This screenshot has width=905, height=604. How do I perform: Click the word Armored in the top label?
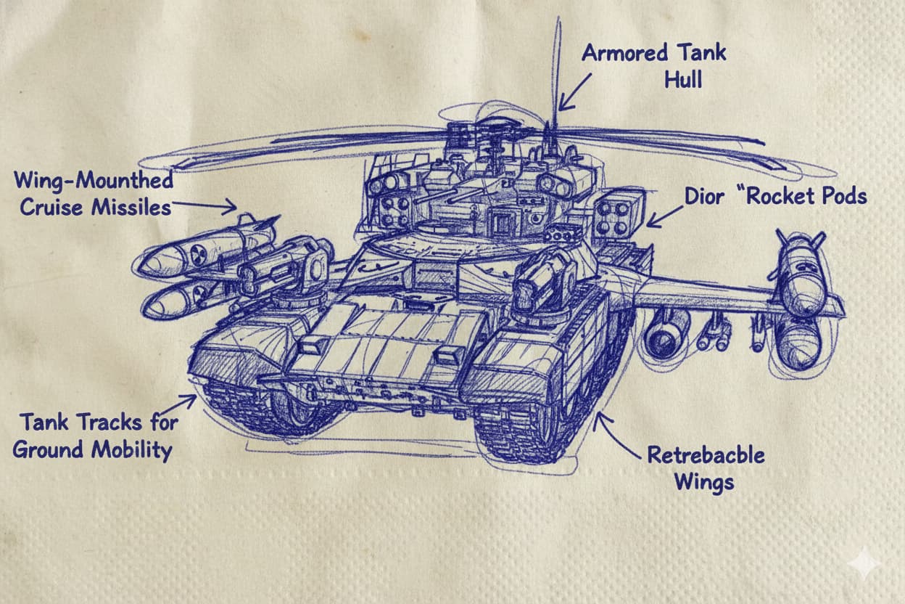[x=625, y=54]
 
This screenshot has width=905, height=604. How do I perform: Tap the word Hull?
[x=683, y=80]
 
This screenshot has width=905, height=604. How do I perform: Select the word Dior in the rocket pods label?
[x=704, y=197]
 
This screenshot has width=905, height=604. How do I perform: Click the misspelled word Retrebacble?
[x=706, y=455]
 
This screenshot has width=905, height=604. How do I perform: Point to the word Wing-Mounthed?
[x=94, y=180]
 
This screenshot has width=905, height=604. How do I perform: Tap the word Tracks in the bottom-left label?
[x=110, y=423]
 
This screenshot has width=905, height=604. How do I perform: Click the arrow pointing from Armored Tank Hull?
[x=574, y=92]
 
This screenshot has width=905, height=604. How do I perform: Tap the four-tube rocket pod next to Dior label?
[x=618, y=213]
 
